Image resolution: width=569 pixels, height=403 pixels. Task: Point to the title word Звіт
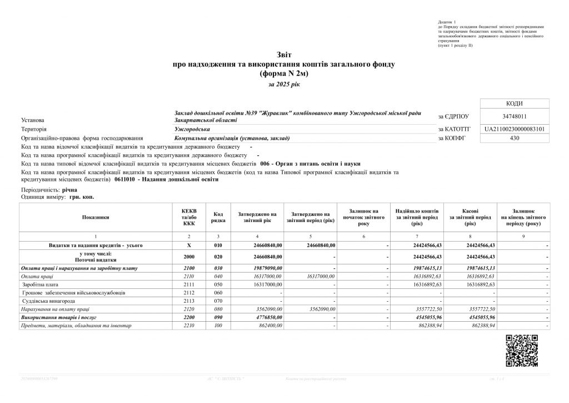[283, 55]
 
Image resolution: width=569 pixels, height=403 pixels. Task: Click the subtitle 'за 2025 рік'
[283, 84]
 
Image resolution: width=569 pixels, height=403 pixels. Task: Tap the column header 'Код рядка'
[218, 218]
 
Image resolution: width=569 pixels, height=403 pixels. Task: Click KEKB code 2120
[189, 308]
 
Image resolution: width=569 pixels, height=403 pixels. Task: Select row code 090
[218, 317]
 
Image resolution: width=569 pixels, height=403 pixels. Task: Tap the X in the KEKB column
[189, 245]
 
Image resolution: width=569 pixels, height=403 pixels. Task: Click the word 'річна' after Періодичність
[70, 190]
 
